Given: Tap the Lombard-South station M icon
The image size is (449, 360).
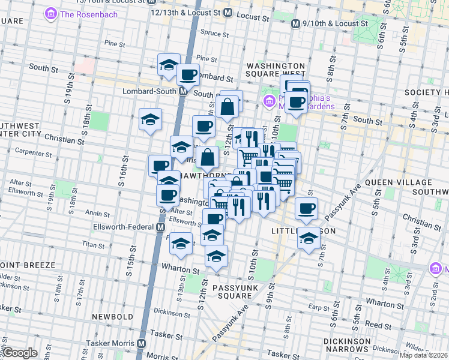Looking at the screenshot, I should coord(184,92).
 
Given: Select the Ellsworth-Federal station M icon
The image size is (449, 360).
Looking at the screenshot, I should coord(161,227).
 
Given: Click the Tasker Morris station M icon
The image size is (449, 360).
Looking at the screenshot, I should coord(141,344).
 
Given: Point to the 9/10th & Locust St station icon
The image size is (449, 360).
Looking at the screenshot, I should coord(295,23).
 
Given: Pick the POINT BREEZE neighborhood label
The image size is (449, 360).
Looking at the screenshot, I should coord(28,265).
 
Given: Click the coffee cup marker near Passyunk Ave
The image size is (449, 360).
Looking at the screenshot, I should coord(307,208).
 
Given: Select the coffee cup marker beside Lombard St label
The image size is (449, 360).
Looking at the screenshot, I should coord(188,75).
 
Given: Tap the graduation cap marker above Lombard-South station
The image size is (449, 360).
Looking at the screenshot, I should coord(169,64).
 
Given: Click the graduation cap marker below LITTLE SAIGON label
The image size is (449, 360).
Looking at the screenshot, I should coord(309,238).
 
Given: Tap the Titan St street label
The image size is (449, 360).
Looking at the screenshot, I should coord(94,245).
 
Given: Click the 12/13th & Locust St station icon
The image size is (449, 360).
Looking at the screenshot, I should coord(228,11).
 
